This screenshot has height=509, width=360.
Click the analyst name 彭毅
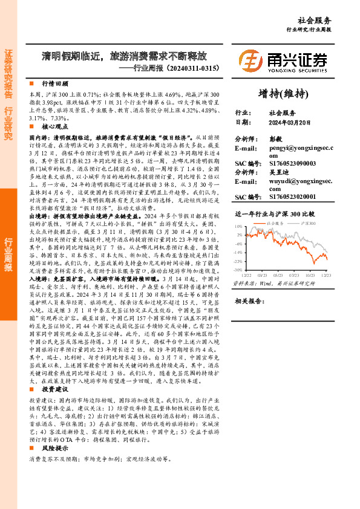click(x=275, y=138)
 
